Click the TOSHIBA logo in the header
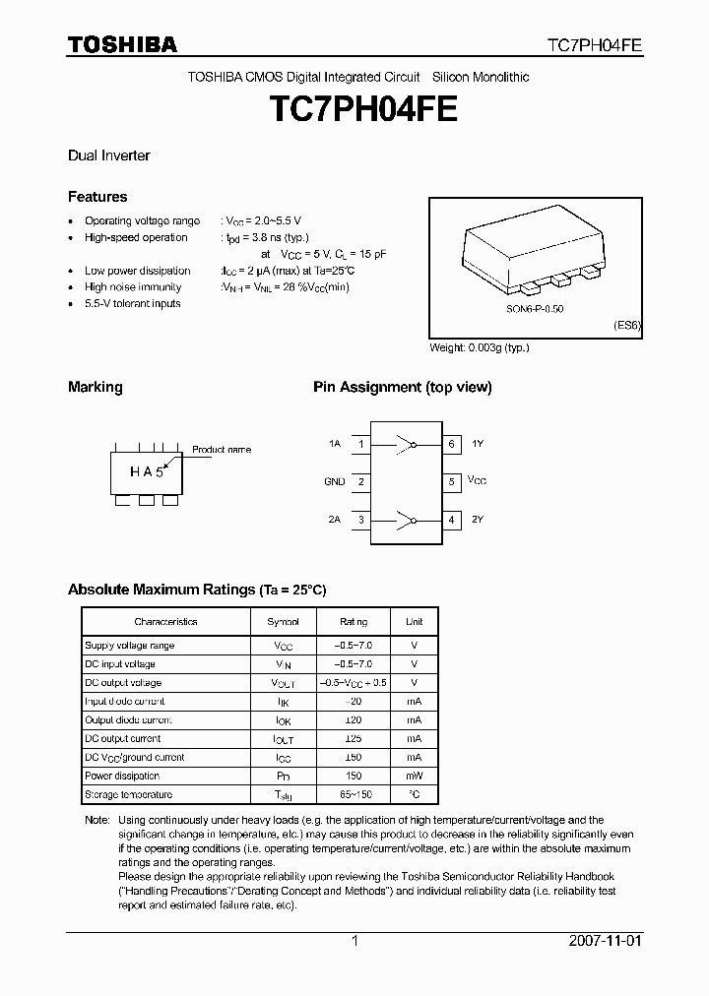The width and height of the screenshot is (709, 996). [122, 44]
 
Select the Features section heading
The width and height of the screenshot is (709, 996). [97, 197]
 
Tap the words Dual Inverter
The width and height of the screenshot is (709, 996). [108, 156]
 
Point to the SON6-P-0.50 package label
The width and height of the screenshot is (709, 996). [536, 309]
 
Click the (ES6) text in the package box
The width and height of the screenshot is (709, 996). [627, 327]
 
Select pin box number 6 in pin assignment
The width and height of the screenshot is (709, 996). [451, 444]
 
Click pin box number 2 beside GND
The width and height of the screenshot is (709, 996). [361, 481]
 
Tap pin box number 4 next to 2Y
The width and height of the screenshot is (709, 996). [451, 519]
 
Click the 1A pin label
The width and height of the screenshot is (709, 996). [335, 444]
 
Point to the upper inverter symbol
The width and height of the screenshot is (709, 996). [406, 444]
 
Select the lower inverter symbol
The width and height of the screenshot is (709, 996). [406, 519]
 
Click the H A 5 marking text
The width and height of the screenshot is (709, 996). [146, 471]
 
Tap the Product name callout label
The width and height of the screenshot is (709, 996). [222, 450]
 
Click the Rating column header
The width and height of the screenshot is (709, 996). [354, 622]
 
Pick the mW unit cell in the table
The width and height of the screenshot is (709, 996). [415, 776]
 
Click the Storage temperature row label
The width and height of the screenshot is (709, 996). [128, 794]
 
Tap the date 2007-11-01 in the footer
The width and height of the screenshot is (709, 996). [606, 940]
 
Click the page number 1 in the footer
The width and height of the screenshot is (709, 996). [354, 940]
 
